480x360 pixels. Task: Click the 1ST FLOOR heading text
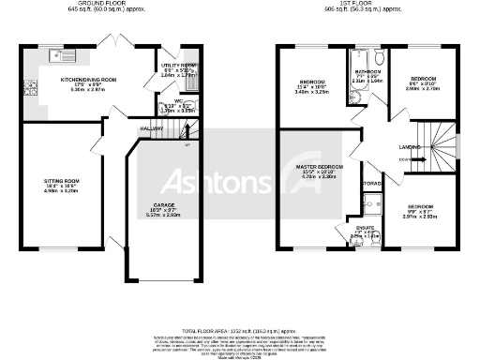pyautogui.click(x=357, y=4)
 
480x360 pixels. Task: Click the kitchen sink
pyautogui.click(x=55, y=55)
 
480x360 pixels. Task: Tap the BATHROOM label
pyautogui.click(x=367, y=72)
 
